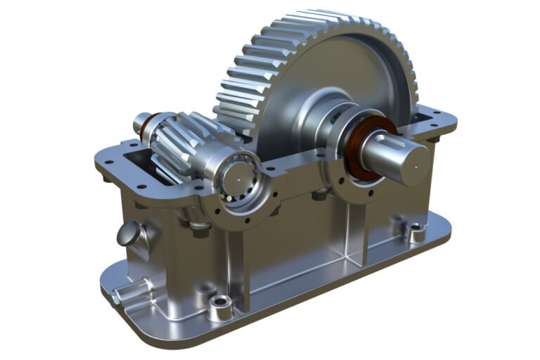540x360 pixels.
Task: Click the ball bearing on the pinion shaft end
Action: coord(236,174)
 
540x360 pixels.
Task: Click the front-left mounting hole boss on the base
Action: coord(221,304)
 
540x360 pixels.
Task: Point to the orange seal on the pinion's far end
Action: coord(146,127)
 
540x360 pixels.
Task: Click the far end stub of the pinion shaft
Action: coord(138,124)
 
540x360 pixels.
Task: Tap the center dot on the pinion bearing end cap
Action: coord(237,176)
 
